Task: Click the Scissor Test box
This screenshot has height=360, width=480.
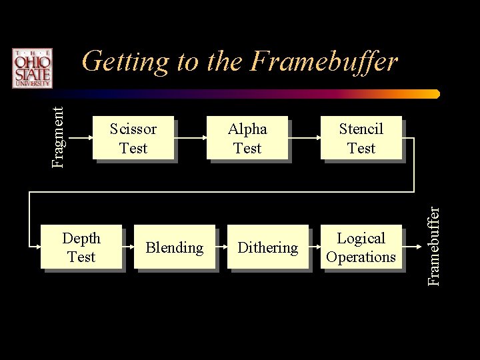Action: point(133,138)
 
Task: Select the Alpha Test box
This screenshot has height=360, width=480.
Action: point(247,138)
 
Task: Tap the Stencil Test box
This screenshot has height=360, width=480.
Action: point(361,138)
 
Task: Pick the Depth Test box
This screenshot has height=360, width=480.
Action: point(81,247)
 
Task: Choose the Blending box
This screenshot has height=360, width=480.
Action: point(174,247)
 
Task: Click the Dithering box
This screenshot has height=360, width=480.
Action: point(268,247)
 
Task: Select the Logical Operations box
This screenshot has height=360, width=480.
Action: point(361,247)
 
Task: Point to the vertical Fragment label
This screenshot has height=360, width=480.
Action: point(59,133)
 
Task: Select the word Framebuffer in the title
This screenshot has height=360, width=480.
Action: point(325,62)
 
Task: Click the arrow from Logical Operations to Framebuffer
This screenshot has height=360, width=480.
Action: point(414,247)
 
